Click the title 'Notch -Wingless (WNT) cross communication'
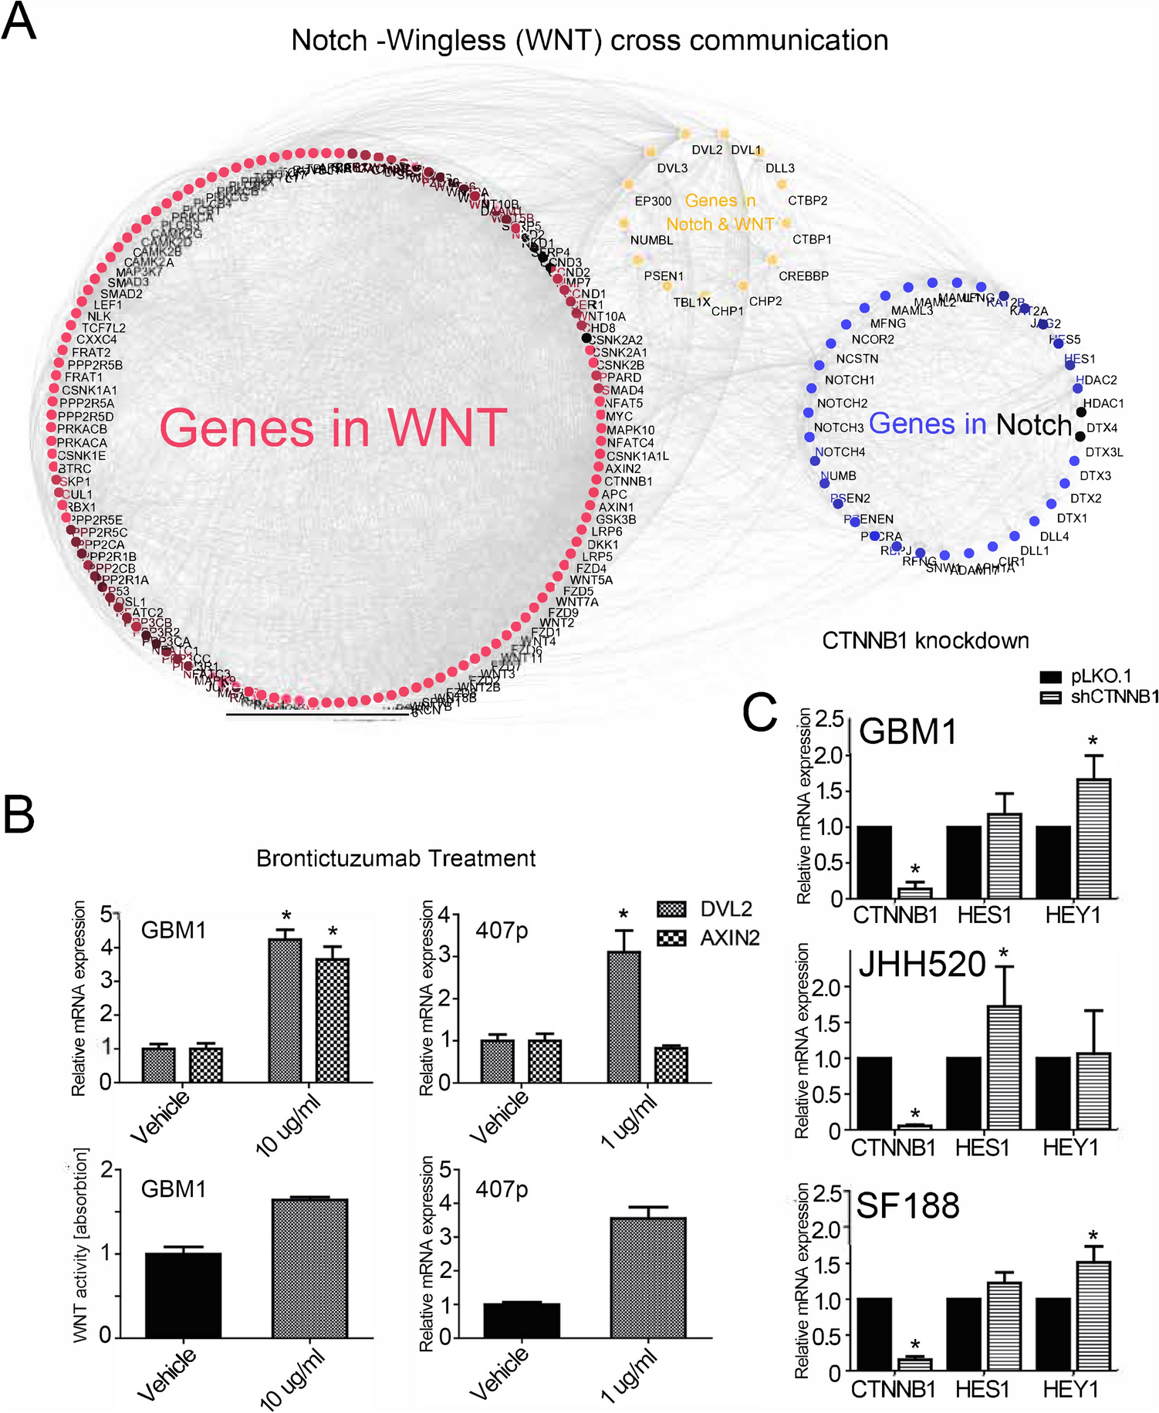[590, 40]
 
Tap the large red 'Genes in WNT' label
[333, 428]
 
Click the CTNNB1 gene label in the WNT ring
[628, 482]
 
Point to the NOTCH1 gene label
[850, 380]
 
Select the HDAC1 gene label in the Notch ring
[1103, 404]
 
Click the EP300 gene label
[653, 201]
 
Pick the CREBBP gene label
[803, 276]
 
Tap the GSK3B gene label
[616, 519]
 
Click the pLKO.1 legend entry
[1100, 677]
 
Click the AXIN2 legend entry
[729, 938]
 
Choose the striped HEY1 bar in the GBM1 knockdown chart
[1093, 839]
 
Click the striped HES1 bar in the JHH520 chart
[1004, 1067]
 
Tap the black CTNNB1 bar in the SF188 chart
[873, 1334]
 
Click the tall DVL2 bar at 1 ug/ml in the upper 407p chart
[623, 1016]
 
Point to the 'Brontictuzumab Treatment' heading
[396, 858]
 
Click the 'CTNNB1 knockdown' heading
[925, 641]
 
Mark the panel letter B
[20, 814]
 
